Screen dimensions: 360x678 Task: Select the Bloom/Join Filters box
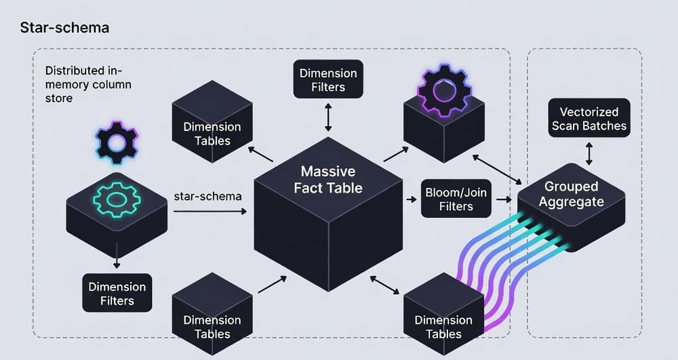(x=456, y=198)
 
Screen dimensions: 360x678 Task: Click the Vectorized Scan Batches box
(x=589, y=119)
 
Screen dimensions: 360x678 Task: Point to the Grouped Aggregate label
(x=571, y=194)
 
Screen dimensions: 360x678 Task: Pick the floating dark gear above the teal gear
(x=116, y=143)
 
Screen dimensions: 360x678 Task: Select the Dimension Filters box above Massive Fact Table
(x=328, y=79)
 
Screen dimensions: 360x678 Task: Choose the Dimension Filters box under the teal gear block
(x=117, y=294)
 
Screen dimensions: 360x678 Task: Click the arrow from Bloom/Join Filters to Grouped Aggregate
(x=503, y=199)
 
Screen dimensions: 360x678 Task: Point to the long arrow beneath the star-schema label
(x=210, y=212)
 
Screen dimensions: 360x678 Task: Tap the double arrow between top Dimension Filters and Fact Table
(x=328, y=117)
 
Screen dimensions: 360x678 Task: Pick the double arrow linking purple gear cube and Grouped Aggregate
(x=496, y=170)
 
